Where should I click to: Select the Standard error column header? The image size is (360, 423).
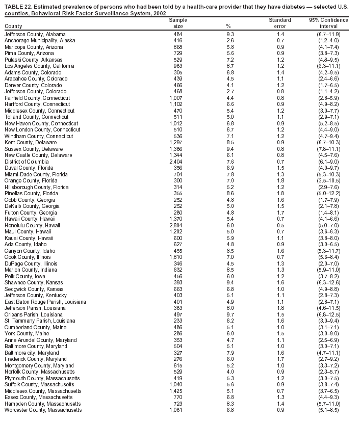(279, 23)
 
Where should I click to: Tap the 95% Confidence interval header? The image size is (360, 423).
(328, 23)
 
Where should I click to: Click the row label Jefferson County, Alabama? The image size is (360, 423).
(35, 34)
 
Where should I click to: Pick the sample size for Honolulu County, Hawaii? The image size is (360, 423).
(175, 225)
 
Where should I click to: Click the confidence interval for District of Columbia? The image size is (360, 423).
(328, 162)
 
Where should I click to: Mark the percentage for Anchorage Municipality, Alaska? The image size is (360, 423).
(230, 40)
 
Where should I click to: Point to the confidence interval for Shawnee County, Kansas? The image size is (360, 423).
(328, 283)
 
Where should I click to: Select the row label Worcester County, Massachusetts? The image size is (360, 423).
(43, 410)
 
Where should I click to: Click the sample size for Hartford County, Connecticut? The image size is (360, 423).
(175, 104)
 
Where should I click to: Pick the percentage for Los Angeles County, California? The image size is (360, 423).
(230, 66)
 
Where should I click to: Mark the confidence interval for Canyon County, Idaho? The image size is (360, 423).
(328, 251)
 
